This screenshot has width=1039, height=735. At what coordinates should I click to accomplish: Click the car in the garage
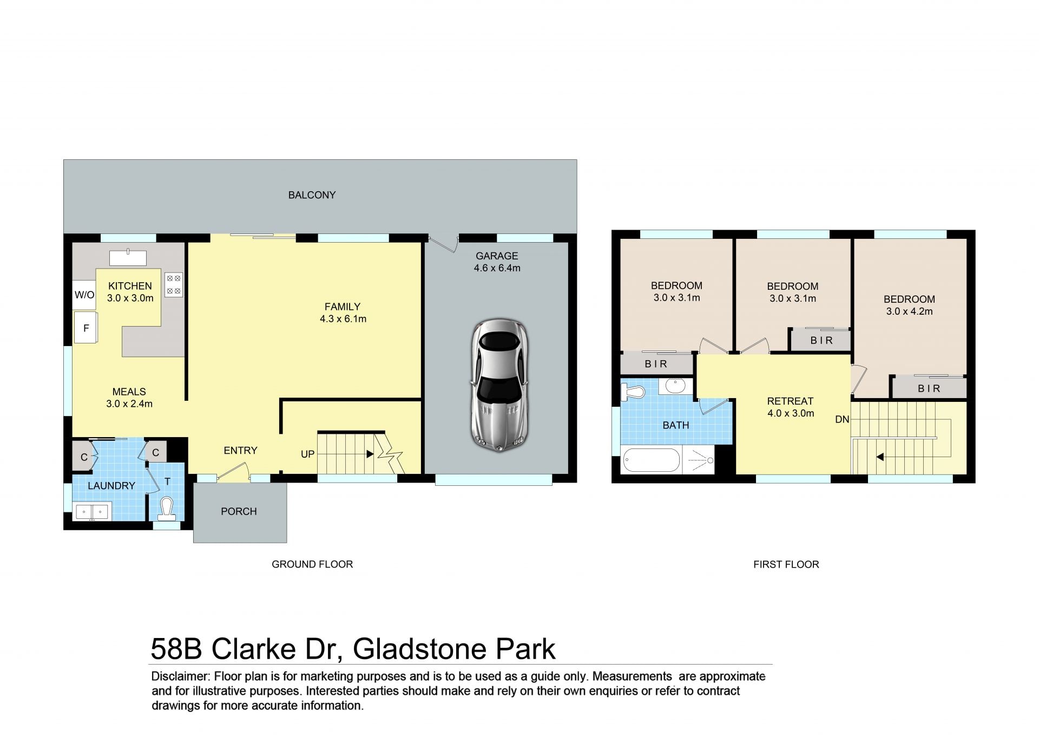[x=499, y=385]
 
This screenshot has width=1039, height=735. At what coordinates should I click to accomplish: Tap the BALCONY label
[x=312, y=195]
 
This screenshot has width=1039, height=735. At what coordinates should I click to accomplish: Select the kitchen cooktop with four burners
[x=174, y=284]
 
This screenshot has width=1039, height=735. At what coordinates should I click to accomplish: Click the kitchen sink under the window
[x=128, y=258]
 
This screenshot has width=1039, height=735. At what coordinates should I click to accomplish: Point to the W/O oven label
[x=84, y=295]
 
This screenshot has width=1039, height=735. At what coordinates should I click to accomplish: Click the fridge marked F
[x=86, y=328]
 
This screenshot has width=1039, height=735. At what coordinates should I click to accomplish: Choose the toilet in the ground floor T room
[x=167, y=508]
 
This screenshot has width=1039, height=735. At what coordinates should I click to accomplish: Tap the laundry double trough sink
[x=92, y=511]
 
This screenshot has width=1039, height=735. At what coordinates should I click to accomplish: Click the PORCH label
[x=239, y=511]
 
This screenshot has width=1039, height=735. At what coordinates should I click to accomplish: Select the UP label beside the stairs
[x=307, y=454]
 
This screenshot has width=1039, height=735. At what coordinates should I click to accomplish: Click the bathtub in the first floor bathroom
[x=652, y=461]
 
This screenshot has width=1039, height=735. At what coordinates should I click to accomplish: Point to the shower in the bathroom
[x=699, y=460]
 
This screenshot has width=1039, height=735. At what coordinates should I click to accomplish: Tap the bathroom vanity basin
[x=675, y=386]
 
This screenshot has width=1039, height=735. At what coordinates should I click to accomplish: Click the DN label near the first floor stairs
[x=842, y=419]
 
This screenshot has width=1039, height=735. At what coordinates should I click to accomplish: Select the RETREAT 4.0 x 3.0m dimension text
[x=791, y=413]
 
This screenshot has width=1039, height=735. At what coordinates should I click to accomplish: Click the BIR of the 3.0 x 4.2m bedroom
[x=929, y=388]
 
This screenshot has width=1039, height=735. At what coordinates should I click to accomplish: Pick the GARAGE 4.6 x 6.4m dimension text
[x=497, y=268]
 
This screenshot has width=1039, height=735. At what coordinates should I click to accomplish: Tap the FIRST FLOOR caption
[x=786, y=564]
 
